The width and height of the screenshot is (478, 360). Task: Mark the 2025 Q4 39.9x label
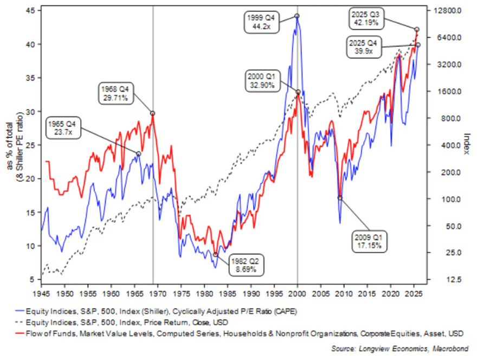pyautogui.click(x=366, y=47)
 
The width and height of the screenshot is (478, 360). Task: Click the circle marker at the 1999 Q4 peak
pyautogui.click(x=297, y=16)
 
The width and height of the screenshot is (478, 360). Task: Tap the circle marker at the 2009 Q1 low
pyautogui.click(x=340, y=198)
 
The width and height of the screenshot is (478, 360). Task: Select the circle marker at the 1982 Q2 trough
pyautogui.click(x=216, y=254)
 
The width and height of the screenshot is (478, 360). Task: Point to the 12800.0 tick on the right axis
pyautogui.click(x=447, y=11)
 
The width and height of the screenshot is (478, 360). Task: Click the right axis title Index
pyautogui.click(x=467, y=144)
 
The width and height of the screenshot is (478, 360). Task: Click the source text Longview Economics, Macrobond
pyautogui.click(x=404, y=348)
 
